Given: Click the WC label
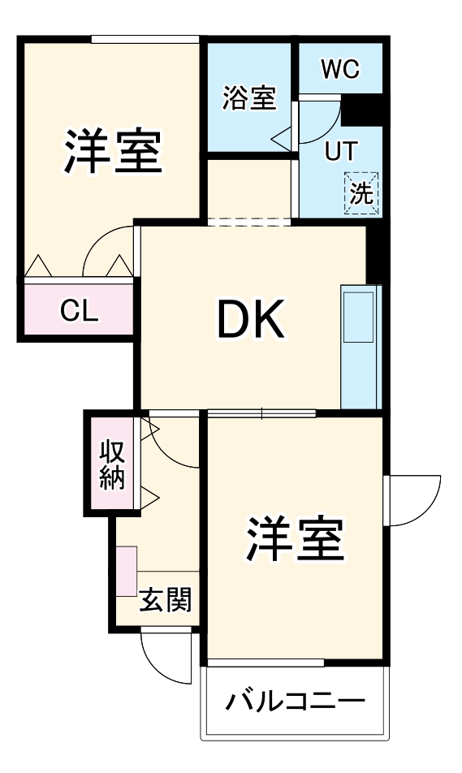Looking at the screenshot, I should [339, 70].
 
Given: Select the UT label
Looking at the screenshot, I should [339, 152].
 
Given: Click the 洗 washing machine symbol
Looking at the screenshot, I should [361, 194].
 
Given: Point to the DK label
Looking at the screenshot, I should [250, 320].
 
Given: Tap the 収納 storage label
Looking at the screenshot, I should [113, 464].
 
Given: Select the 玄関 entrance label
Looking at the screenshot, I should [166, 601].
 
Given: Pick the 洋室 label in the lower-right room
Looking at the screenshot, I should [294, 538].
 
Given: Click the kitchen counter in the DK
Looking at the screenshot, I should [361, 346].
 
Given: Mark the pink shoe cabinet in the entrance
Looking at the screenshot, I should [126, 572].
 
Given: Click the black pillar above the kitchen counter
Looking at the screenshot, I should [374, 252].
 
